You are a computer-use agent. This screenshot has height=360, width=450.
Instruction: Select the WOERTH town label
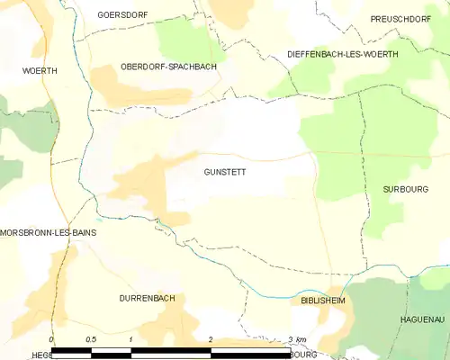tap(40, 69)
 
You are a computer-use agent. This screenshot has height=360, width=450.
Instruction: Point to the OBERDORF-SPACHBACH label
tap(168, 67)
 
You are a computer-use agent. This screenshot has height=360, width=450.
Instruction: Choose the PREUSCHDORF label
tap(401, 18)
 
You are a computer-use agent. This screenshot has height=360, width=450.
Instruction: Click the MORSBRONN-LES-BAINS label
tap(61, 232)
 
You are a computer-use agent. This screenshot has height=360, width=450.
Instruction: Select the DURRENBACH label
tap(147, 297)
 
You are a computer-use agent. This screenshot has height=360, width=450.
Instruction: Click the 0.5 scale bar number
tap(91, 339)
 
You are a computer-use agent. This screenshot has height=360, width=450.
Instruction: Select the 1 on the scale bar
tap(131, 339)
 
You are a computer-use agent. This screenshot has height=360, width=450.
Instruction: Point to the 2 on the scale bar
tap(210, 339)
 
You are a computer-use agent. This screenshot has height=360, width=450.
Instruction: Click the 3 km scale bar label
tap(297, 339)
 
